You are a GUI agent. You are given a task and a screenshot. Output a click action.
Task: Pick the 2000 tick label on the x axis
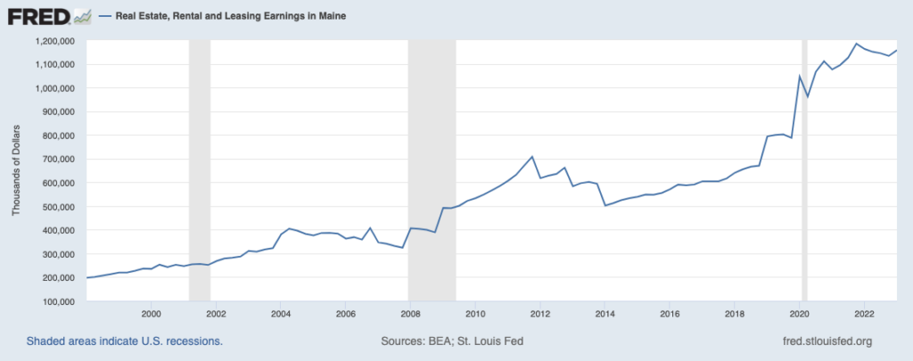click(x=151, y=314)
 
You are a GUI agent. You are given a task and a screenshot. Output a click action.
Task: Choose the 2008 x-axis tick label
click(x=410, y=314)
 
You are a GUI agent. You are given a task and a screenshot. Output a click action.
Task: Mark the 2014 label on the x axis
click(x=605, y=314)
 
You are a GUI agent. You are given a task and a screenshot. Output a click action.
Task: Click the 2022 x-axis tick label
click(x=864, y=314)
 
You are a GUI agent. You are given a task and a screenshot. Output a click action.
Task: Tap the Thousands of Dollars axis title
click(x=16, y=171)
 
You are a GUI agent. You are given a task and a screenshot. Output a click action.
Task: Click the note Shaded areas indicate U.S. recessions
click(x=124, y=341)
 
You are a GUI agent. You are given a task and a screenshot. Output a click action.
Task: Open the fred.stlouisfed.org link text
click(x=826, y=341)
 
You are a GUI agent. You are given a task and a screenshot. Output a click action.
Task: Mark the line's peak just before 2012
click(x=532, y=157)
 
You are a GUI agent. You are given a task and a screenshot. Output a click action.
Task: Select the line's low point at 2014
click(x=605, y=206)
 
